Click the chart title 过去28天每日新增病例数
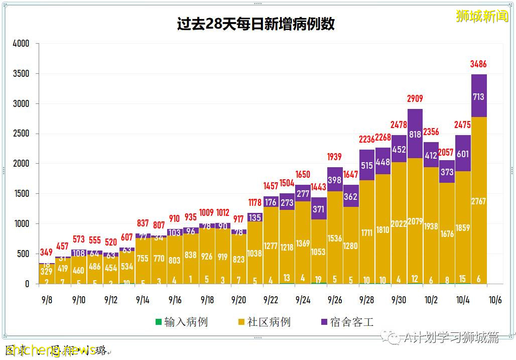tap(256, 24)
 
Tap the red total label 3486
tap(478, 64)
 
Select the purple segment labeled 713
tap(479, 96)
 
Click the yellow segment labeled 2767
tap(479, 201)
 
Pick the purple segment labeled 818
tap(415, 134)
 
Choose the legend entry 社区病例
tap(264, 322)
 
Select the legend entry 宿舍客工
tap(347, 322)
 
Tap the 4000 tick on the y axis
tap(21, 44)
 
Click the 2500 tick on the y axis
tap(21, 134)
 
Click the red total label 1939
tap(334, 157)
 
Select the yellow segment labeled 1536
tap(335, 238)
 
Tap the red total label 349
tap(46, 252)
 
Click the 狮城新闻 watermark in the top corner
tap(482, 16)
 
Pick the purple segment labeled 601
tap(463, 155)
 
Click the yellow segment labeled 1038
tap(254, 254)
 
